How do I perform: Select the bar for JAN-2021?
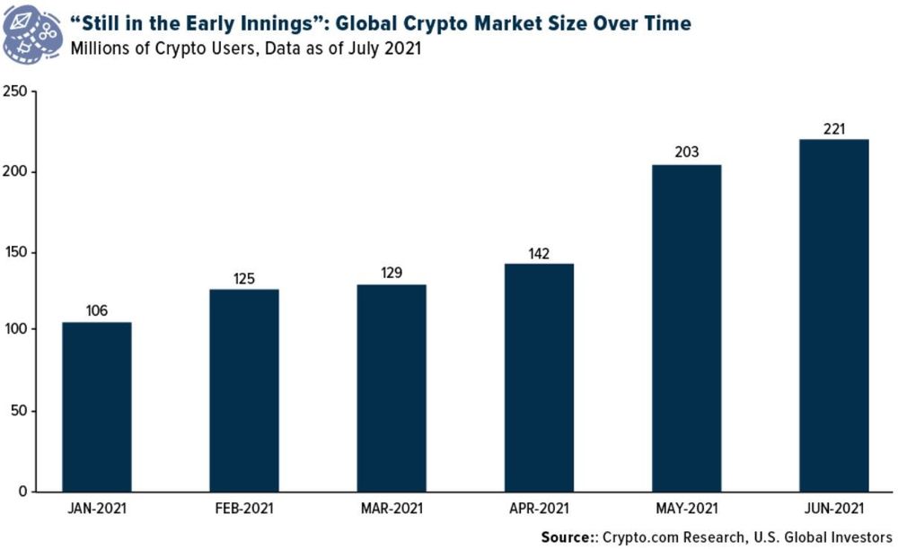click(96, 407)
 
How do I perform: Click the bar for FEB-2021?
click(243, 391)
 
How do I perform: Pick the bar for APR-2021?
click(539, 378)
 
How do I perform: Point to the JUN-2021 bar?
click(834, 316)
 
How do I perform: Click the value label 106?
click(97, 310)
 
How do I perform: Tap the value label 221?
click(834, 128)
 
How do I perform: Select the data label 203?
click(687, 153)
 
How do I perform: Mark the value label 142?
click(540, 252)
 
